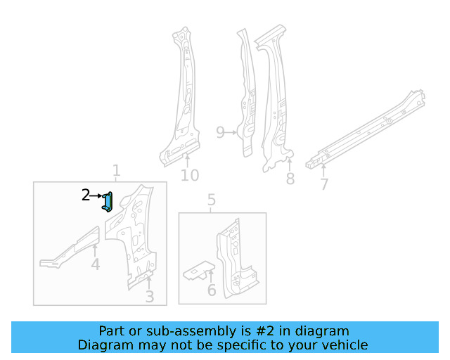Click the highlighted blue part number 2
108,202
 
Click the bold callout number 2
86,195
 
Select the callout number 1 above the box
117,170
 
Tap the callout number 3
149,297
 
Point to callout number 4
95,264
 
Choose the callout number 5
212,202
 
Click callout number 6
211,290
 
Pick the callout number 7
324,185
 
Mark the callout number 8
290,179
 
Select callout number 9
220,132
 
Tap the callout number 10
190,175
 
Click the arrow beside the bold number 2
98,195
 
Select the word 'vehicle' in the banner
345,345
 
